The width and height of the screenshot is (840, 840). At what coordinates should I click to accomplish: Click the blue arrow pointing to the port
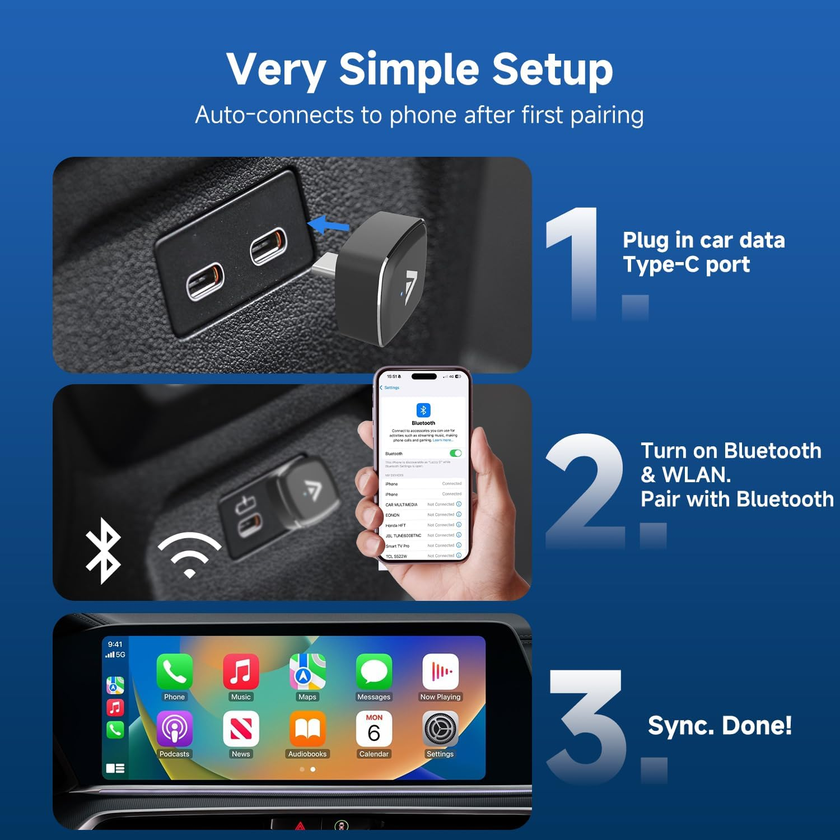click(x=329, y=225)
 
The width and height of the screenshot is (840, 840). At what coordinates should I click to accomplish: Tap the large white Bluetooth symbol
click(x=102, y=550)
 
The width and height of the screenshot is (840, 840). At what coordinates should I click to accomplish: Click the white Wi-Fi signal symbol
click(x=189, y=554)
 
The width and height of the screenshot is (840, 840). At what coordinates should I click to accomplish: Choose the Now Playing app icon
click(x=440, y=671)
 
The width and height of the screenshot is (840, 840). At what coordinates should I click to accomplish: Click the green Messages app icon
click(x=374, y=671)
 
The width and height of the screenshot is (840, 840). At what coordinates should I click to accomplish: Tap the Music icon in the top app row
click(x=241, y=671)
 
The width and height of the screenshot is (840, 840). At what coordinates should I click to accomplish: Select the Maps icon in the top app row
click(x=307, y=671)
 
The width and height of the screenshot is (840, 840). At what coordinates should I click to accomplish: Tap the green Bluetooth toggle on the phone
click(x=455, y=453)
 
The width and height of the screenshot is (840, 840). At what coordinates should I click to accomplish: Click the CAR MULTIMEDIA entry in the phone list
click(x=402, y=505)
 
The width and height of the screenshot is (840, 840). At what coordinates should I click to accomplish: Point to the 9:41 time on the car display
click(x=115, y=644)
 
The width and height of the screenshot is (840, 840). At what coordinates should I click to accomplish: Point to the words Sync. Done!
click(x=720, y=725)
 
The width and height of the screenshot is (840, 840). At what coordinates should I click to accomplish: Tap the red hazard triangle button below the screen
click(x=300, y=825)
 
